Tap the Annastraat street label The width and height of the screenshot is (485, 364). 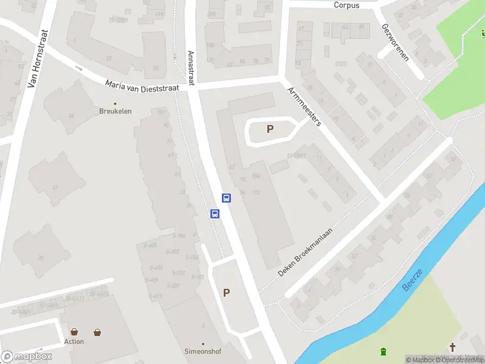191,68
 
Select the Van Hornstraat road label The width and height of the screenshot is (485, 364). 38,59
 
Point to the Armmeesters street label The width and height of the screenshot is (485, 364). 305,105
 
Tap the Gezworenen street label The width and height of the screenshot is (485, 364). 395,43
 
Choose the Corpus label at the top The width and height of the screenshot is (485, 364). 346,5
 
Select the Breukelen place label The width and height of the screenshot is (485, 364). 116,112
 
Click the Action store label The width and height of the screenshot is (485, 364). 74,342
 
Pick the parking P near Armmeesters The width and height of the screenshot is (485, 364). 270,129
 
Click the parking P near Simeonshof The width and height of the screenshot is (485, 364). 226,292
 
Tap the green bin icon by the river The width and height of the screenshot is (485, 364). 383,351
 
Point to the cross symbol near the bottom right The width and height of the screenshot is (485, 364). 452,347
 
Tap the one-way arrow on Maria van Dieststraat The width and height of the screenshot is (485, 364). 79,68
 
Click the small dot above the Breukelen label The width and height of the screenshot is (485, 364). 116,103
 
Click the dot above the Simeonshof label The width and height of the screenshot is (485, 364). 202,343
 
